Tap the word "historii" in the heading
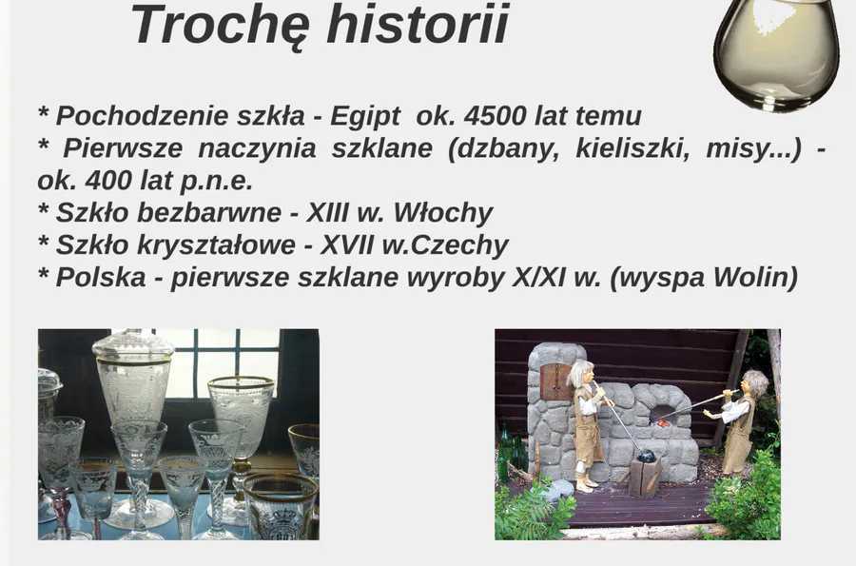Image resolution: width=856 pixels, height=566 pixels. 418,24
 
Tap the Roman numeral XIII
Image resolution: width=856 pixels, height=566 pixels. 327,212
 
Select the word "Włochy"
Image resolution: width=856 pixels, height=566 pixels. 442,213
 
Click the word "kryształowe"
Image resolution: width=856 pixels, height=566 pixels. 216,245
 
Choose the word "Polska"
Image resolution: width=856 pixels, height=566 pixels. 101,277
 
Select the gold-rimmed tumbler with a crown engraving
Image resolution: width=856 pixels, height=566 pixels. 280,506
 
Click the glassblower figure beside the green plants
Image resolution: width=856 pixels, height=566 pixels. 738,420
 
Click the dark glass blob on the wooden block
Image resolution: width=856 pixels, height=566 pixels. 645,455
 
